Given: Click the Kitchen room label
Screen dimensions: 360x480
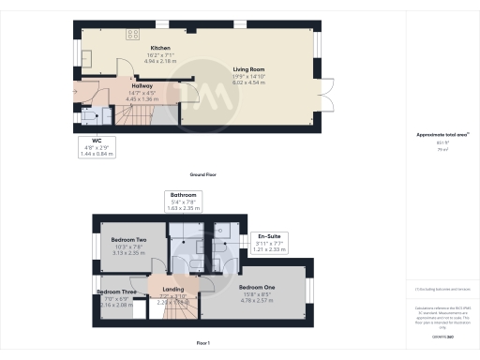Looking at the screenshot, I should (160, 47).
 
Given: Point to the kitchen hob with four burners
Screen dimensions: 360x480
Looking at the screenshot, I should (133, 36).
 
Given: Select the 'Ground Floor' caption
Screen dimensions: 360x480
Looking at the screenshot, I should (203, 174).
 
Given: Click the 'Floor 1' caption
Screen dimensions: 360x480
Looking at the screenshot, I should (202, 343).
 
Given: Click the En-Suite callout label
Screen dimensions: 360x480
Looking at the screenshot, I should (269, 236).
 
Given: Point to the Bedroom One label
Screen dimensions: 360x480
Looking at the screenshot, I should (256, 286).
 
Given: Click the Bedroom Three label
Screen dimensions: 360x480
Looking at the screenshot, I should (114, 292).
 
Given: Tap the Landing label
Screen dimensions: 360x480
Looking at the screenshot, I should (173, 290).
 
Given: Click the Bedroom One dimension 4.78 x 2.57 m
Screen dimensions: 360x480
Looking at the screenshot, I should (256, 299).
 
